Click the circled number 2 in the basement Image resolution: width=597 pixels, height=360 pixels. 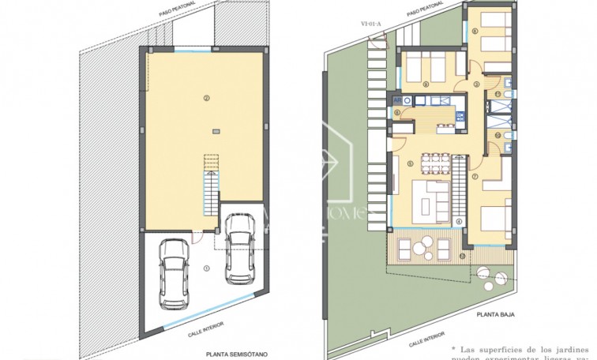coord(207,99)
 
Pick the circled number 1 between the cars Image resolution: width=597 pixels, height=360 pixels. coord(207,268)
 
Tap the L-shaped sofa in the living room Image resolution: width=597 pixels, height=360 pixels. coord(431,199)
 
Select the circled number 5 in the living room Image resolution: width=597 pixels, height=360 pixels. coord(411,166)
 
